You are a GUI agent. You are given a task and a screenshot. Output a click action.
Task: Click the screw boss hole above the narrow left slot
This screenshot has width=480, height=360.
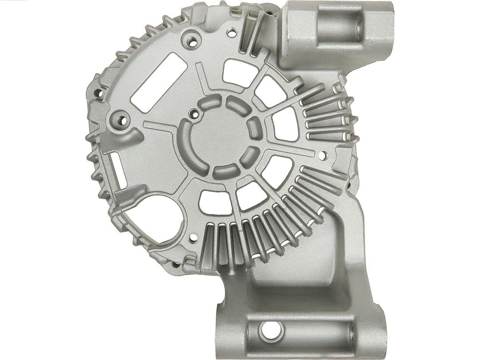tap(120, 119)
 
